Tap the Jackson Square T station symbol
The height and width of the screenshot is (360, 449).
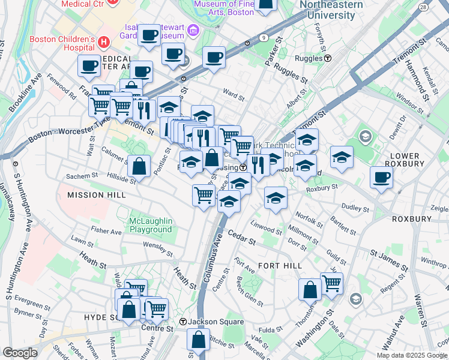coord(184,322)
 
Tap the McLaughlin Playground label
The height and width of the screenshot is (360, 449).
coord(151,226)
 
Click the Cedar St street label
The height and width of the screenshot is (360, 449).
coord(241,239)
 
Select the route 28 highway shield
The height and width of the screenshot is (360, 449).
coord(424,7)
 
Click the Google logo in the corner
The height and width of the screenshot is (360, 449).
coord(20,353)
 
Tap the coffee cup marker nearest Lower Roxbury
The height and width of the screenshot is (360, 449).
coord(382,178)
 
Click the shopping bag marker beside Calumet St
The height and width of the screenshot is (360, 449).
coord(139,166)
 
